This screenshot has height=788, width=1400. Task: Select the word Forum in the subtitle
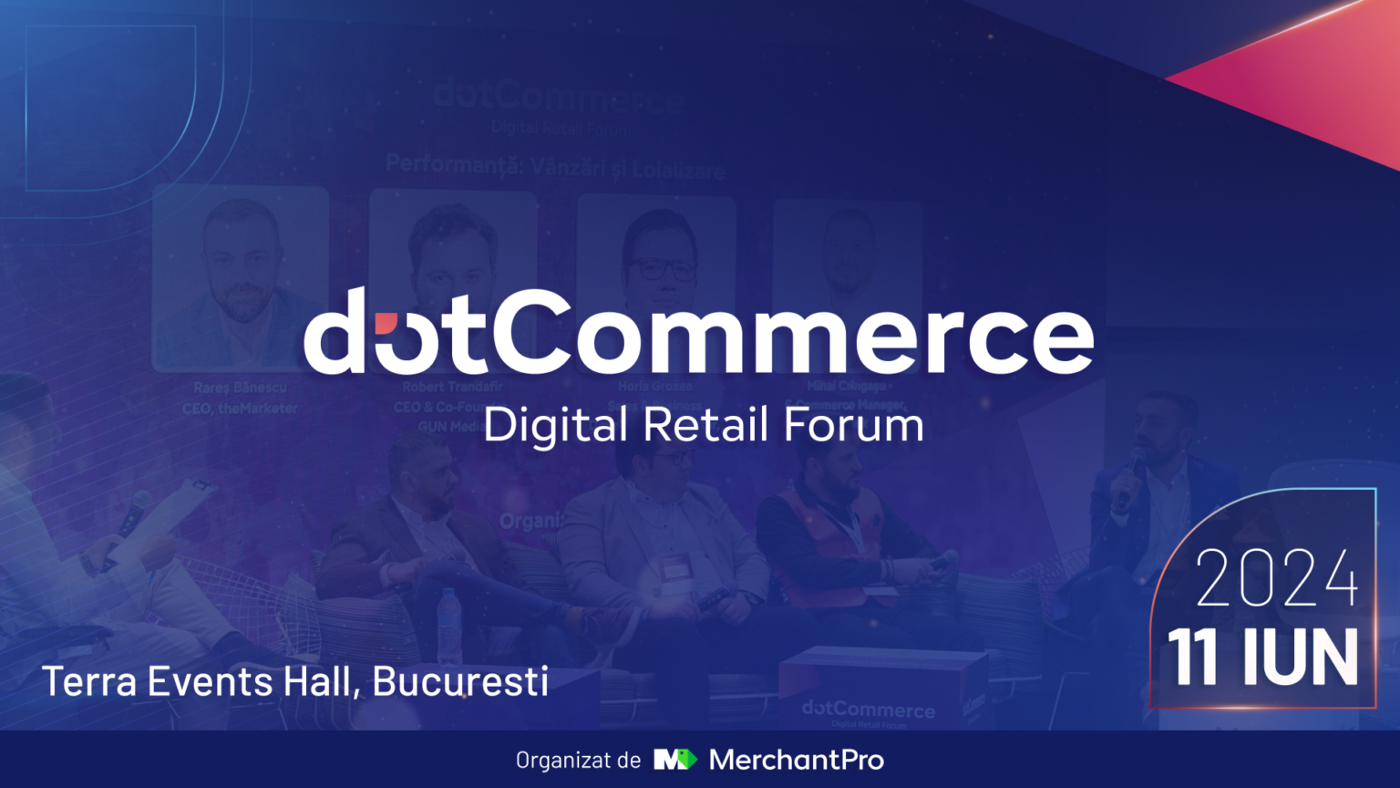[x=853, y=425]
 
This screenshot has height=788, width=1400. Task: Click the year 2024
[x=1276, y=578]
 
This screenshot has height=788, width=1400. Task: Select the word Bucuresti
[x=460, y=681]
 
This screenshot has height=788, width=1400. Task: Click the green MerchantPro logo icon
[x=674, y=759]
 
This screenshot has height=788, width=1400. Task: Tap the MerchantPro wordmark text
[x=796, y=760]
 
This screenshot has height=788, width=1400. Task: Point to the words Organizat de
[x=578, y=760]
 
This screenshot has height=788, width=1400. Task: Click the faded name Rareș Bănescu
[x=240, y=388]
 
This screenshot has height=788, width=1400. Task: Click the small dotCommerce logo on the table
[x=868, y=709]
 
